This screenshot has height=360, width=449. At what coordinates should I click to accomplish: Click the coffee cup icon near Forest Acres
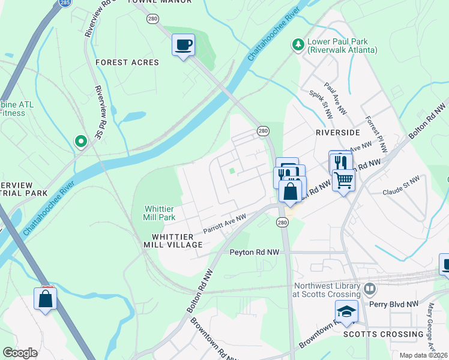pos(183,44)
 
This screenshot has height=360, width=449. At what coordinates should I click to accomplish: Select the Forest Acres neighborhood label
pos(127,62)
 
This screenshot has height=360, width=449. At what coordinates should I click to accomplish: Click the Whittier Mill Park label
pos(159,213)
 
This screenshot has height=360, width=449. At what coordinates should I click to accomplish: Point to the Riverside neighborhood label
pos(337,132)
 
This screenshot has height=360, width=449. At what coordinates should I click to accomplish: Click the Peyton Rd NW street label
pos(255,253)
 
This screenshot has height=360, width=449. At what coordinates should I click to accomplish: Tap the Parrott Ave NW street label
pos(224,223)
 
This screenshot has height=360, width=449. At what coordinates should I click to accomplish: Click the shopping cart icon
pos(343,179)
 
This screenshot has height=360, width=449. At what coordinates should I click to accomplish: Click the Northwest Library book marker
pos(369,289)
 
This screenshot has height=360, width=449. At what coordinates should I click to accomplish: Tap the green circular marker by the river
pos(80,142)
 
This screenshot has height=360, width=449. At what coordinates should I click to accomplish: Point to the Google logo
pos(20,352)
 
